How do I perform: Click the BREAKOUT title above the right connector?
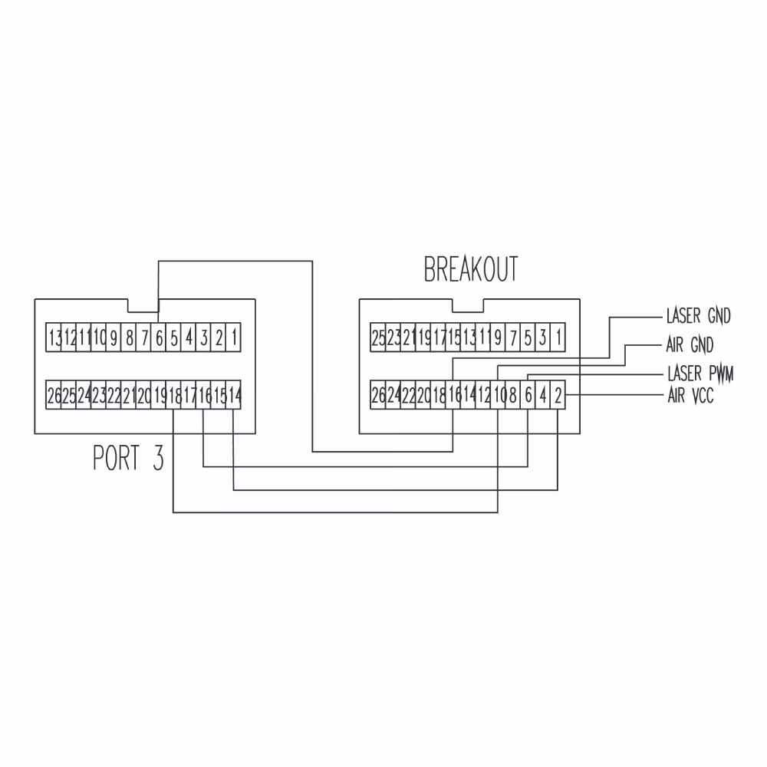point(471,270)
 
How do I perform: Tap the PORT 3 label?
point(128,457)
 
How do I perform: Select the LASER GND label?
point(698,315)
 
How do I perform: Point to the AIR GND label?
point(690,344)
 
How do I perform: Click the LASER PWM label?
point(700,374)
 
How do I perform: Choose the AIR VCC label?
point(690,397)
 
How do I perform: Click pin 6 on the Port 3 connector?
point(159,337)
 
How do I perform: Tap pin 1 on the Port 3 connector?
point(234,337)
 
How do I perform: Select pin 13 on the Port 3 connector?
point(54,337)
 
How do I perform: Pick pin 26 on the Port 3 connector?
point(54,397)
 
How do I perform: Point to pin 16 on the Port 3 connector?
point(204,397)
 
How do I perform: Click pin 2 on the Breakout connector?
point(558,397)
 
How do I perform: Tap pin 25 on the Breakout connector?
point(378,337)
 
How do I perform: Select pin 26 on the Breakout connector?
point(378,397)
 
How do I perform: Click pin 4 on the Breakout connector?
point(543,397)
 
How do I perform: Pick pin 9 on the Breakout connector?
point(499,337)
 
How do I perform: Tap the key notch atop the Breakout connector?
point(468,305)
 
